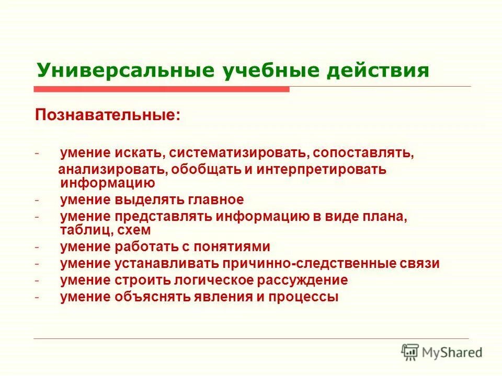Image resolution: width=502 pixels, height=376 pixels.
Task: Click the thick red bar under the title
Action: coord(162,89)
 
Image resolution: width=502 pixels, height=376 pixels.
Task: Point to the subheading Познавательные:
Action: coord(108,114)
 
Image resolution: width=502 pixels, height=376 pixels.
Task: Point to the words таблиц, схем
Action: coord(105,230)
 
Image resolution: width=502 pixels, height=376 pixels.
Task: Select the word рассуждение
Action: coord(302,280)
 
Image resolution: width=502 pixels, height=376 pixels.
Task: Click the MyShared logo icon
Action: coord(410,352)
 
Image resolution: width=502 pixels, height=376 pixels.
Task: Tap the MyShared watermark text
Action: coord(452,353)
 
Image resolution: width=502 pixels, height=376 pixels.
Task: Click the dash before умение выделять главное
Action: coord(38,199)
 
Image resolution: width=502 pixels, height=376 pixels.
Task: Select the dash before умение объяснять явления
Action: coord(38,297)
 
